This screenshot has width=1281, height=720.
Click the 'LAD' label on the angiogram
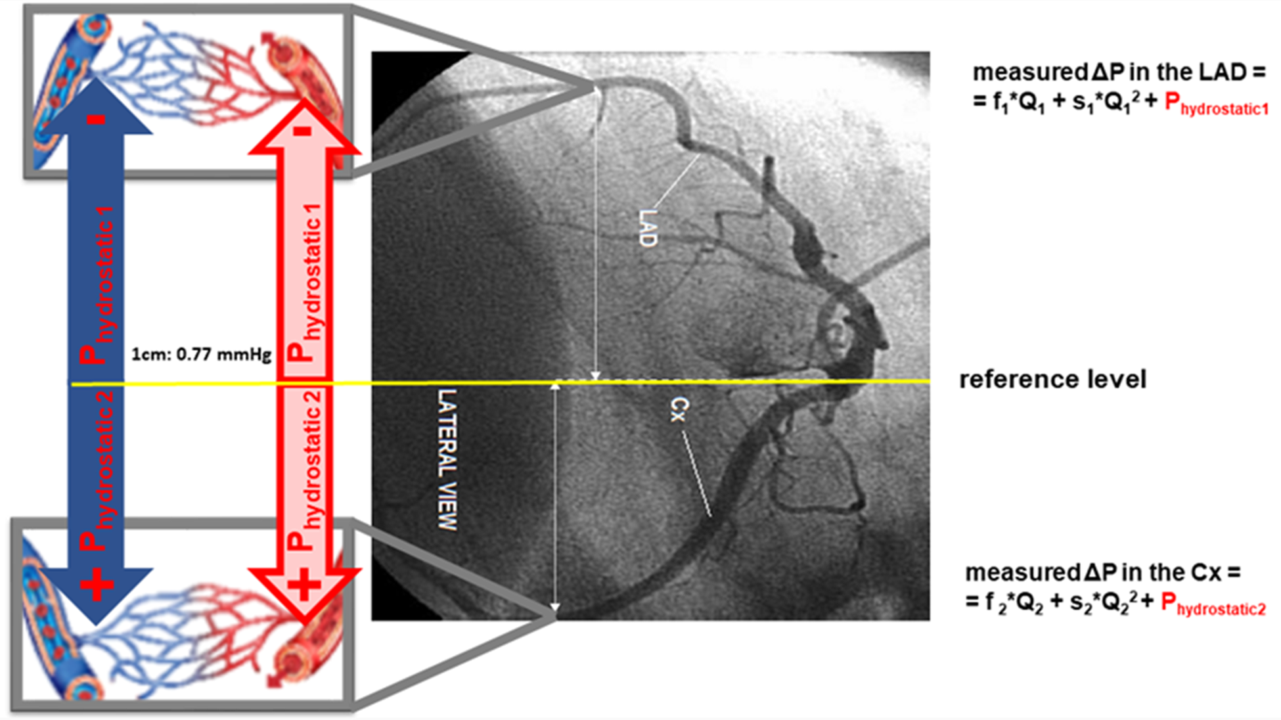click(648, 228)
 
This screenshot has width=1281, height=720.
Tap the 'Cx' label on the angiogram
click(679, 409)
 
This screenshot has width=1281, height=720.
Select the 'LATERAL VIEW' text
click(447, 459)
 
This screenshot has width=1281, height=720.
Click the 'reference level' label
click(1052, 379)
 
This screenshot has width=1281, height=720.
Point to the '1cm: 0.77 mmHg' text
click(201, 355)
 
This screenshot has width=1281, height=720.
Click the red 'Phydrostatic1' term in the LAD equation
click(1216, 104)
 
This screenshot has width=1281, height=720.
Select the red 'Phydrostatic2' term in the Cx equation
click(1213, 604)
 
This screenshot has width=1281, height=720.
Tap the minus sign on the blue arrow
click(97, 120)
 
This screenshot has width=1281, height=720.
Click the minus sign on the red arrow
click(302, 131)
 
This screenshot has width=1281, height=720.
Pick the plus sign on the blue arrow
click(97, 583)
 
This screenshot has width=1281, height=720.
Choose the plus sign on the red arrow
click(303, 583)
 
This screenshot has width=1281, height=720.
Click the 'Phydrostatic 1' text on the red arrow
click(304, 282)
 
